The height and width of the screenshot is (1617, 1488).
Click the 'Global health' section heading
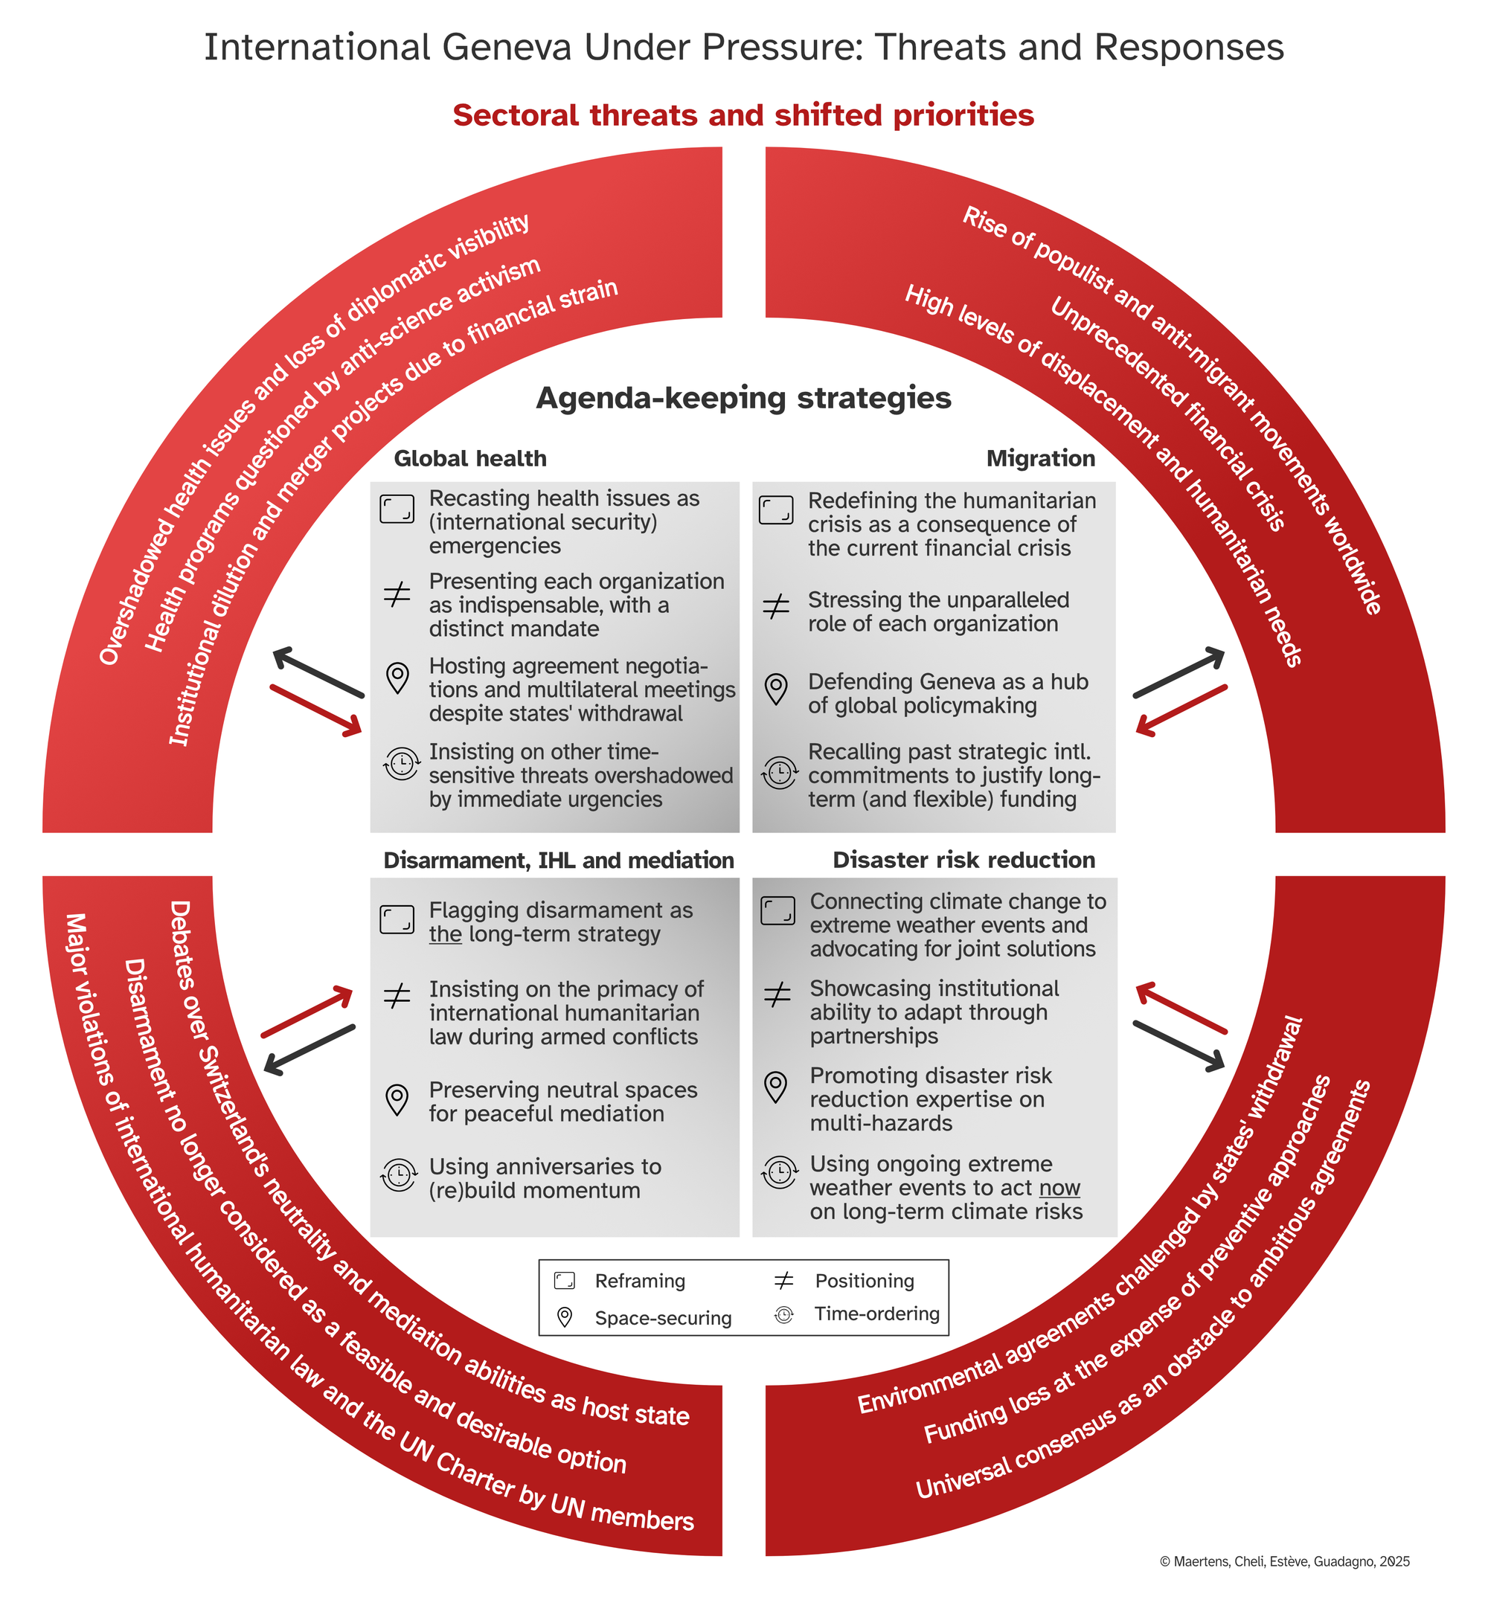[x=470, y=459]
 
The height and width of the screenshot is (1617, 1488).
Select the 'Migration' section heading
[x=1040, y=459]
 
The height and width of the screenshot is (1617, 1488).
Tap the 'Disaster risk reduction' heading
[x=963, y=861]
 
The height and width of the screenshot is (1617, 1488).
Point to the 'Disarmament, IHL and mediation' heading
[x=559, y=861]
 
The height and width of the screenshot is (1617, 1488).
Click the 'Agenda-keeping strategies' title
[x=744, y=399]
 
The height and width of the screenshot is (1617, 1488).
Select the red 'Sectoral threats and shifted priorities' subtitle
[x=743, y=115]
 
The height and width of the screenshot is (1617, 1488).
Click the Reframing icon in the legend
[x=565, y=1281]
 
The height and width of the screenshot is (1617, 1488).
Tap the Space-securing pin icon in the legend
[x=565, y=1317]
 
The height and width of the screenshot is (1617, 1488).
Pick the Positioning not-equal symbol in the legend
[x=783, y=1281]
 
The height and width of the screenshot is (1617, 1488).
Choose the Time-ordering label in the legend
[x=877, y=1314]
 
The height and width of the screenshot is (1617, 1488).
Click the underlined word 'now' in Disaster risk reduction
[x=1059, y=1188]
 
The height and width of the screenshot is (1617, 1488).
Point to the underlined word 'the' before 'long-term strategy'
[x=445, y=934]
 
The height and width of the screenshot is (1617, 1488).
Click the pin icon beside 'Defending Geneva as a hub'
[x=776, y=689]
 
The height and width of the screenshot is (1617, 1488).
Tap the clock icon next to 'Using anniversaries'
[x=400, y=1176]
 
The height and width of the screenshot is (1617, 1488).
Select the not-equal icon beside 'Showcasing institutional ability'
[x=777, y=997]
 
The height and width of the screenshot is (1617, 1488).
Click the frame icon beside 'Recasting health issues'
[x=397, y=509]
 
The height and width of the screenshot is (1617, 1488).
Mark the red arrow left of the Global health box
[x=315, y=710]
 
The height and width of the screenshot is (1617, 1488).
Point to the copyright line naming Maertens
[x=1284, y=1561]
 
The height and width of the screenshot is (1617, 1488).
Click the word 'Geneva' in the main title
[x=507, y=48]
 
